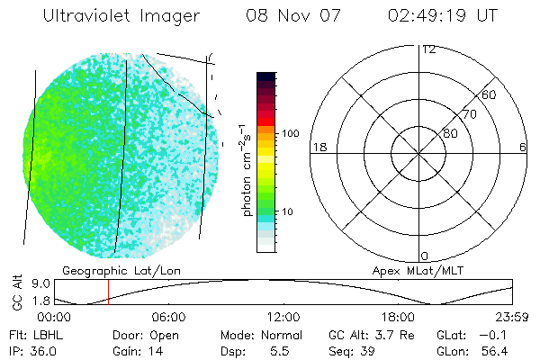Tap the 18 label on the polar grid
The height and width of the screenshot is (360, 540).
click(x=318, y=147)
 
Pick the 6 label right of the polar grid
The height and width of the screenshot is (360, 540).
click(x=523, y=147)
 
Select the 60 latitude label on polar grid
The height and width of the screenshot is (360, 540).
click(x=490, y=94)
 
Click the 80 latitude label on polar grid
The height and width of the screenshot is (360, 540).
click(x=450, y=133)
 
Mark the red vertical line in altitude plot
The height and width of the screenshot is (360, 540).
click(x=108, y=292)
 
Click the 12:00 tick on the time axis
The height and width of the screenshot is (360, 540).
click(x=284, y=317)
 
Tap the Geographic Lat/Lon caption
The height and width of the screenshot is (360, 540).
click(x=104, y=270)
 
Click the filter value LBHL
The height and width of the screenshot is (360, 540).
click(x=50, y=335)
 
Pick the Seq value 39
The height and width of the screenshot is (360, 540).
click(x=369, y=350)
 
